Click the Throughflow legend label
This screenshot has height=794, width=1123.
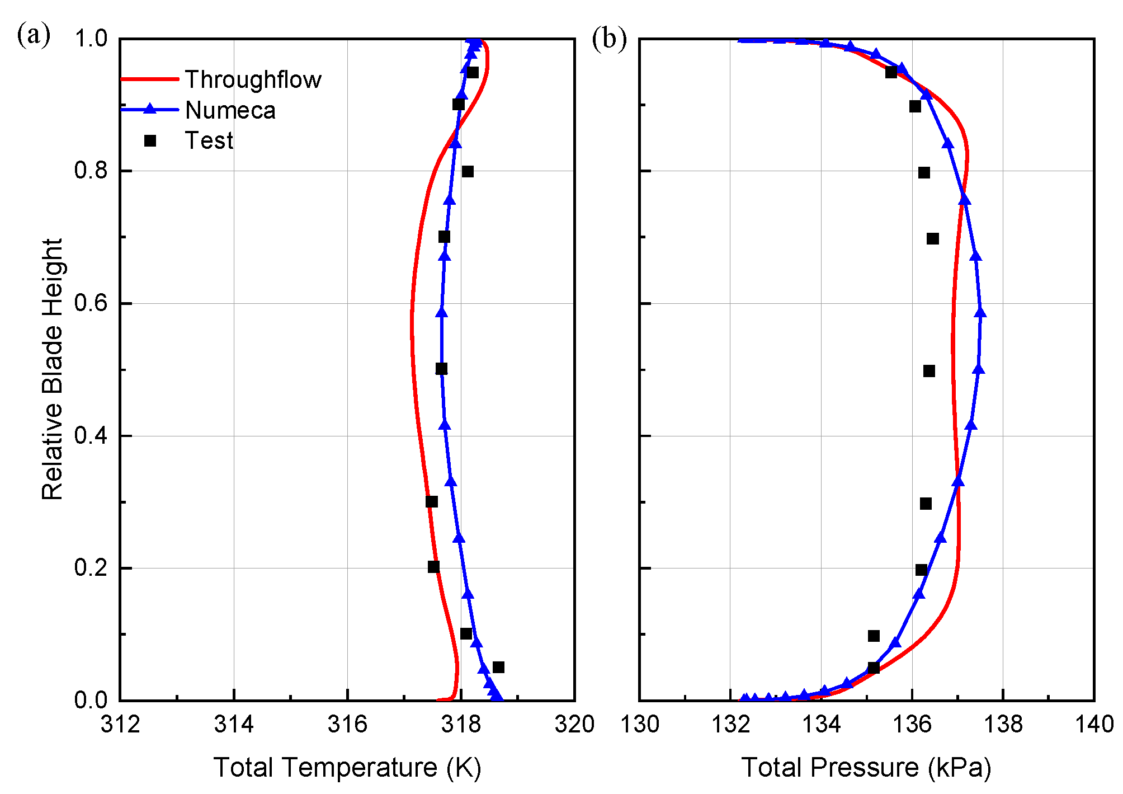pyautogui.click(x=253, y=79)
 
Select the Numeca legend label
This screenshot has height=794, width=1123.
pyautogui.click(x=230, y=110)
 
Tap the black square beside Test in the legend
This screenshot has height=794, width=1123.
pyautogui.click(x=150, y=140)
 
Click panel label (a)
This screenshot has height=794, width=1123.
pyautogui.click(x=34, y=35)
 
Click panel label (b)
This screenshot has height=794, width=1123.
pyautogui.click(x=609, y=39)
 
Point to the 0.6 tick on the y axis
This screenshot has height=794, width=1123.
pyautogui.click(x=91, y=303)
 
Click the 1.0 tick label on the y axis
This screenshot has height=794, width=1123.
pyautogui.click(x=91, y=39)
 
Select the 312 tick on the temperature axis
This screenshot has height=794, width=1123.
pyautogui.click(x=120, y=724)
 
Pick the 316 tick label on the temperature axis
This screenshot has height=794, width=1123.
pyautogui.click(x=347, y=724)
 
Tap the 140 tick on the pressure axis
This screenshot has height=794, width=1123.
pyautogui.click(x=1093, y=724)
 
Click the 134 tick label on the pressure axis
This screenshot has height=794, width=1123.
pyautogui.click(x=821, y=724)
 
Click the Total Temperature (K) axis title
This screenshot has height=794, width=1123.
pyautogui.click(x=347, y=767)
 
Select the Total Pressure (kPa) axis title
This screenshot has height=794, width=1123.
pyautogui.click(x=866, y=767)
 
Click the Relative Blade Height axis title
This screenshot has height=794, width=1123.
pyautogui.click(x=53, y=369)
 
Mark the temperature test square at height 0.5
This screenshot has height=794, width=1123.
pyautogui.click(x=441, y=369)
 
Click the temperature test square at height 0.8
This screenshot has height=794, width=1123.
pyautogui.click(x=468, y=171)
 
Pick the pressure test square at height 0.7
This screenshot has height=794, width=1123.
pyautogui.click(x=932, y=239)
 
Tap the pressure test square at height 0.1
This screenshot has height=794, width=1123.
pyautogui.click(x=874, y=636)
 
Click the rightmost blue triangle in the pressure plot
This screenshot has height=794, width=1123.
pyautogui.click(x=980, y=312)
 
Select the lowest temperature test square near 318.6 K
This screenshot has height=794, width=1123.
pyautogui.click(x=498, y=667)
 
